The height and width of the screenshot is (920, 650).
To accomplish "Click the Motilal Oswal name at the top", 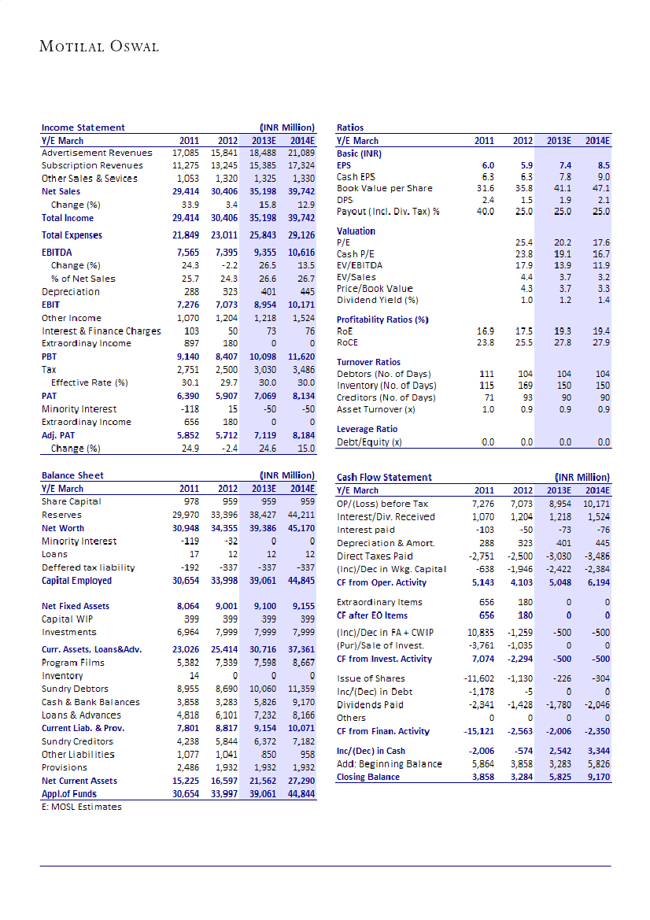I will click(x=99, y=46).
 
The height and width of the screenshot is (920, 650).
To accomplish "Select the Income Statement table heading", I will click(x=83, y=127).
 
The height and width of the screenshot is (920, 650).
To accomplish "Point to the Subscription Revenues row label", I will click(x=92, y=165).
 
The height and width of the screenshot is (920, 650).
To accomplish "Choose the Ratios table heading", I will click(x=350, y=127).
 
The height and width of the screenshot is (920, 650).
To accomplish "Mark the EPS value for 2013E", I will click(x=564, y=166).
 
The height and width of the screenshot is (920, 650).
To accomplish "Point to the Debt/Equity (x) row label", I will click(x=369, y=442).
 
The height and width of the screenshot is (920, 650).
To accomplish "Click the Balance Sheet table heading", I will click(x=72, y=475).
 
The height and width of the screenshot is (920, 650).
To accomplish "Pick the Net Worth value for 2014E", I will click(x=298, y=528).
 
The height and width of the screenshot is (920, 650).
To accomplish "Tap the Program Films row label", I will click(x=74, y=663).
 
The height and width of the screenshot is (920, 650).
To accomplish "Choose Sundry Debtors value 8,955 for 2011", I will click(x=187, y=689).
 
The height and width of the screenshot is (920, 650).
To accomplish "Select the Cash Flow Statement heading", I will click(x=384, y=477).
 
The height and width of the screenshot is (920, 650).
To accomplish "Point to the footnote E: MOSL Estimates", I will click(x=81, y=807).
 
